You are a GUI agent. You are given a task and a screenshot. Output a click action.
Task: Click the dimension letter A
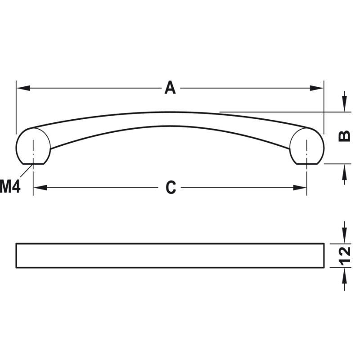pyautogui.click(x=170, y=87)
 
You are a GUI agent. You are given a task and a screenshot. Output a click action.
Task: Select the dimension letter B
pyautogui.click(x=344, y=136)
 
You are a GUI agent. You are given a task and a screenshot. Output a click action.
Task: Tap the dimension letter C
pyautogui.click(x=171, y=188)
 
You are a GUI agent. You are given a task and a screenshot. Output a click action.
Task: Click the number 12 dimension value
pyautogui.click(x=345, y=256)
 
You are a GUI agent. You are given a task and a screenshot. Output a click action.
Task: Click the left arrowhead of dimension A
pyautogui.click(x=23, y=88)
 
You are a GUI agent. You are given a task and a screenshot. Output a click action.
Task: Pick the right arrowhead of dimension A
pyautogui.click(x=316, y=88)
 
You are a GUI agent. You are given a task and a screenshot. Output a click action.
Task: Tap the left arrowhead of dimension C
pyautogui.click(x=40, y=188)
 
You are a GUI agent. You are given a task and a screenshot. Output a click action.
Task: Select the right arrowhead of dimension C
pyautogui.click(x=300, y=188)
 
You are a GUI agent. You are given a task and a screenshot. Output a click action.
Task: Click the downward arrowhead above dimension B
pyautogui.click(x=344, y=105)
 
